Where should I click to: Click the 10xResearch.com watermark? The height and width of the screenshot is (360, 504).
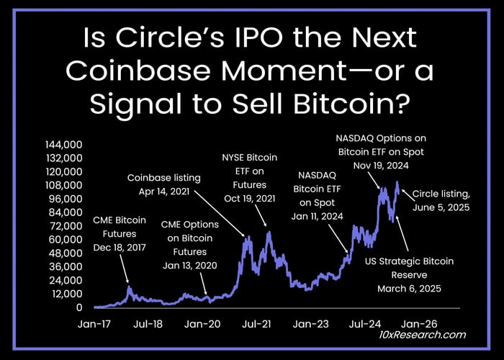[423, 335]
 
